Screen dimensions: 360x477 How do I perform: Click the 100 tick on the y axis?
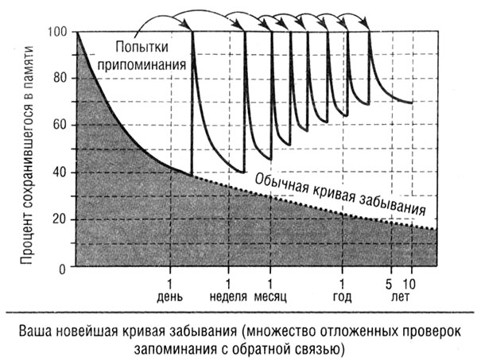[57, 32]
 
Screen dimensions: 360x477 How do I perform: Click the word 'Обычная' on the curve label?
[283, 176]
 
